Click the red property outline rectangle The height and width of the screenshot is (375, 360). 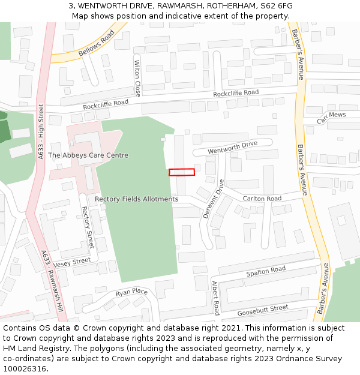coord(182,172)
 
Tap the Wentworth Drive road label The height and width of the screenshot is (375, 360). coord(232,148)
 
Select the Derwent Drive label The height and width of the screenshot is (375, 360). coord(212,198)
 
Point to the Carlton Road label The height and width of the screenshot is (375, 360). coord(262,199)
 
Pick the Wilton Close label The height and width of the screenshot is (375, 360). coord(137,79)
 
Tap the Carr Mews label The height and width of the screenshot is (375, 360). coord(331,118)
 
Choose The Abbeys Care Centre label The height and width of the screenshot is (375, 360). coord(88,155)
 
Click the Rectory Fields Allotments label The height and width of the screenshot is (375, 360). coord(137,199)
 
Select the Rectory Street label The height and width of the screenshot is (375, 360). coord(88,227)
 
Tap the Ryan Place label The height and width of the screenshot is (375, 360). coord(131,292)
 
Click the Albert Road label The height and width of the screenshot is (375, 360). coord(215,298)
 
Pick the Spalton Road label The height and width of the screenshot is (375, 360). coord(266,271)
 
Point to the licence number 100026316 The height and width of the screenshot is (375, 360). coord(26,369)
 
